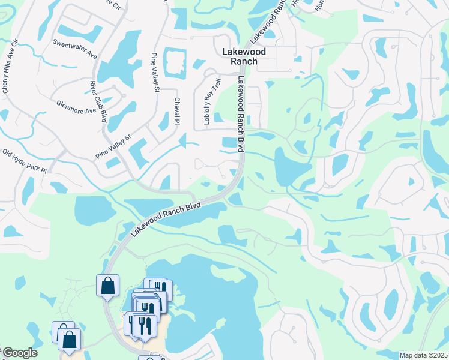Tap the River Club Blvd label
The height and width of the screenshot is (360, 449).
pyautogui.click(x=98, y=101)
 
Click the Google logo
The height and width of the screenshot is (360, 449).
pyautogui.click(x=19, y=353)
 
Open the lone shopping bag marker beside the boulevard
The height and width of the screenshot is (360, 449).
pyautogui.click(x=108, y=286)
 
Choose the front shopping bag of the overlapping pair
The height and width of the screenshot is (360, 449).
pyautogui.click(x=70, y=340)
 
